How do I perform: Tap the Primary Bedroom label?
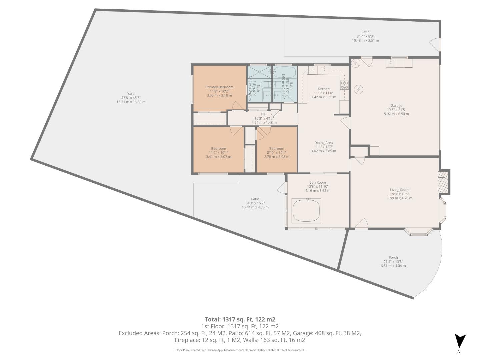coord(219,87)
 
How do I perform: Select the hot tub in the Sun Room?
coord(306,211)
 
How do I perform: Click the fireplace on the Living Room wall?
coord(443,182)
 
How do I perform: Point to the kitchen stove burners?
coord(344,85)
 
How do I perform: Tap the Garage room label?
coord(396,106)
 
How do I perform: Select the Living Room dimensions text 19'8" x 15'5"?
coord(400,194)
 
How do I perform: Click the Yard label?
coord(131,94)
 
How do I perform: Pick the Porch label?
coord(393,257)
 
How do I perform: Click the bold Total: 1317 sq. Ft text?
coord(240,319)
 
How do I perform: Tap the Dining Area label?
coord(323,143)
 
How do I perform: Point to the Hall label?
coord(264,114)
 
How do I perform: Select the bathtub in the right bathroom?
coord(284,72)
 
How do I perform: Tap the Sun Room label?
coord(317,182)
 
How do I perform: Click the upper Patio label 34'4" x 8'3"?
coord(365,32)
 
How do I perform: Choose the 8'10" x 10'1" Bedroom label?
coord(277,149)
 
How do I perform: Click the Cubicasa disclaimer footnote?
coord(240,350)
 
